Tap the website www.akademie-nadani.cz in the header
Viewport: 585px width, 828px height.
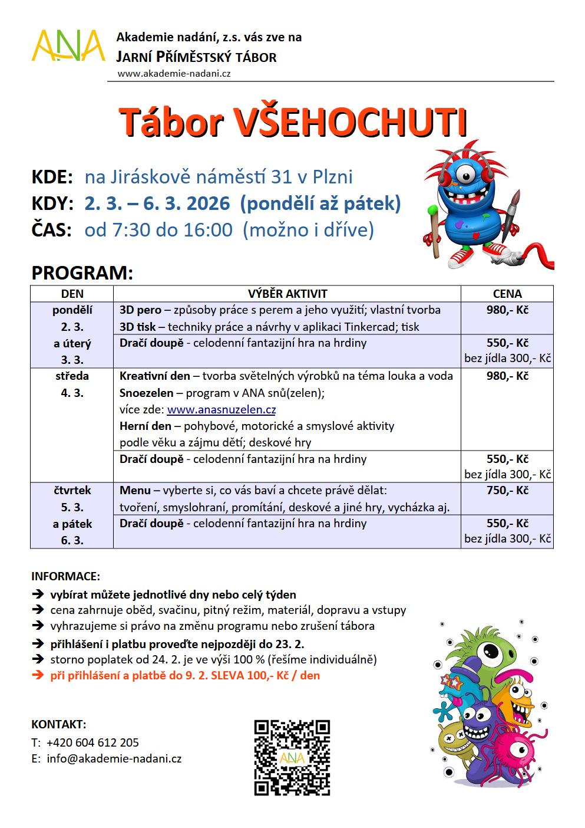(x=174, y=74)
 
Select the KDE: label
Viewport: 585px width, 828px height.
(x=52, y=177)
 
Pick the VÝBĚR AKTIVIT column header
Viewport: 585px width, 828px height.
(x=287, y=294)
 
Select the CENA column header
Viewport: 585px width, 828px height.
(x=507, y=294)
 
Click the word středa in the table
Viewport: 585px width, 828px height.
(x=72, y=376)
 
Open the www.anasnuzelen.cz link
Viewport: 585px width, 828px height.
(x=221, y=409)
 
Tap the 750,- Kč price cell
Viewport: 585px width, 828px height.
(x=507, y=490)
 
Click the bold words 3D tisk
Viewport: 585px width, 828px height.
(x=138, y=327)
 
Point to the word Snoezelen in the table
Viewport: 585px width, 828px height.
(x=147, y=393)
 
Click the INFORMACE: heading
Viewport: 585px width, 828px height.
(x=66, y=576)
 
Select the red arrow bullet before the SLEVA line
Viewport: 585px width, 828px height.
(x=38, y=676)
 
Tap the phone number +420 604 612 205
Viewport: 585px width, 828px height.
(x=92, y=742)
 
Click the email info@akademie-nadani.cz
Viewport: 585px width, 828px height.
(x=114, y=759)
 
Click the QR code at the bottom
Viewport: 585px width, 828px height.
(x=292, y=758)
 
